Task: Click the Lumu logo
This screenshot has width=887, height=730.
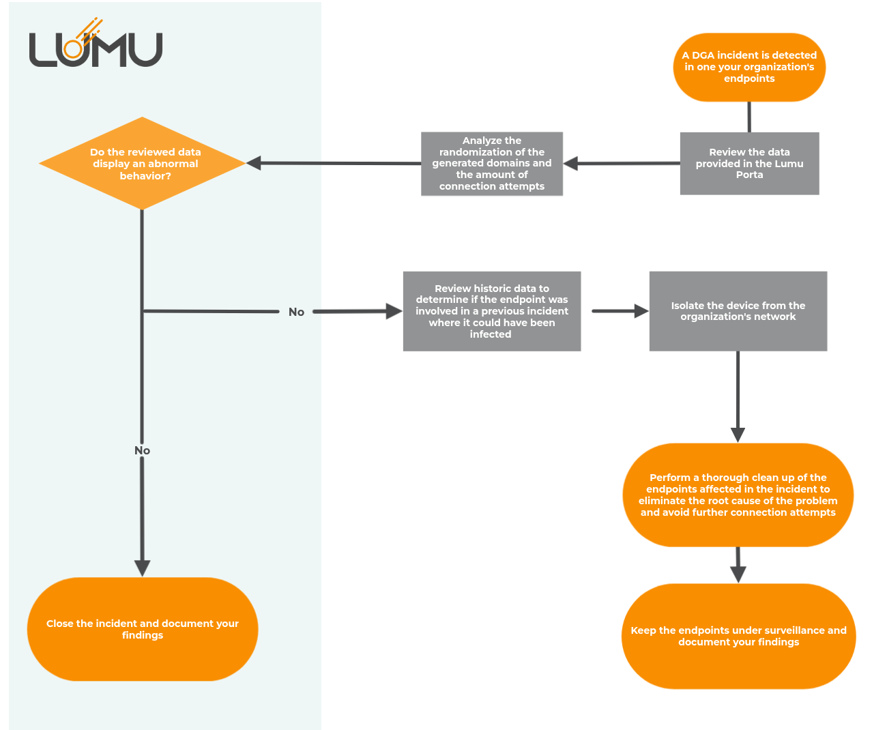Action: (x=96, y=43)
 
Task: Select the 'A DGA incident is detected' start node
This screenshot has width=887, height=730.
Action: (x=749, y=68)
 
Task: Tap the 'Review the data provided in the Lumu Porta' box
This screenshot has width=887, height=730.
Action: (x=749, y=164)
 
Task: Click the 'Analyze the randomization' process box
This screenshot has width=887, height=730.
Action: (x=492, y=164)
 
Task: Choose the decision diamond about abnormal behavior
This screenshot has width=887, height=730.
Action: (x=142, y=163)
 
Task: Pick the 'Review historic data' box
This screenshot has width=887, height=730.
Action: (x=492, y=311)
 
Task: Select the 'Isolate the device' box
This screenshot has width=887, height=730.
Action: (x=738, y=311)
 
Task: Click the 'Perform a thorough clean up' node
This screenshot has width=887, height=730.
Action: (x=738, y=495)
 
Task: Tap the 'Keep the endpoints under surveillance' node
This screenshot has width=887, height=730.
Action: (x=738, y=637)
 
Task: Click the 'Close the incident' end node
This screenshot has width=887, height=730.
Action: (x=143, y=630)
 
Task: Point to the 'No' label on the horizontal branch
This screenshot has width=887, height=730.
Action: (x=296, y=312)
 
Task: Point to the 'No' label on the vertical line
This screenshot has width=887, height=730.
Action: (x=142, y=450)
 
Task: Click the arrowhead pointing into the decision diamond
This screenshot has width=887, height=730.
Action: (x=254, y=163)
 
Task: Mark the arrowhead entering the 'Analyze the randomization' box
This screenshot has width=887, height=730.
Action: (x=570, y=164)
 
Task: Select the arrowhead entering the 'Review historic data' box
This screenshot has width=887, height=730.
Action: (x=394, y=311)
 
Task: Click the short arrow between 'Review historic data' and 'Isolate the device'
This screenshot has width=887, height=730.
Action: (x=620, y=311)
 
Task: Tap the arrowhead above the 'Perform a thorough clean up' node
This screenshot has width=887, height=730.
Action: (x=738, y=435)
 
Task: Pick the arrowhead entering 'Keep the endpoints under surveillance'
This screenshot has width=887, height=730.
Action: (x=738, y=575)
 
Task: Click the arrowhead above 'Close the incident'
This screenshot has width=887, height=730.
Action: (x=142, y=568)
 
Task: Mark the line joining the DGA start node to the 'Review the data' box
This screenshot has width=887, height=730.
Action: (x=749, y=117)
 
